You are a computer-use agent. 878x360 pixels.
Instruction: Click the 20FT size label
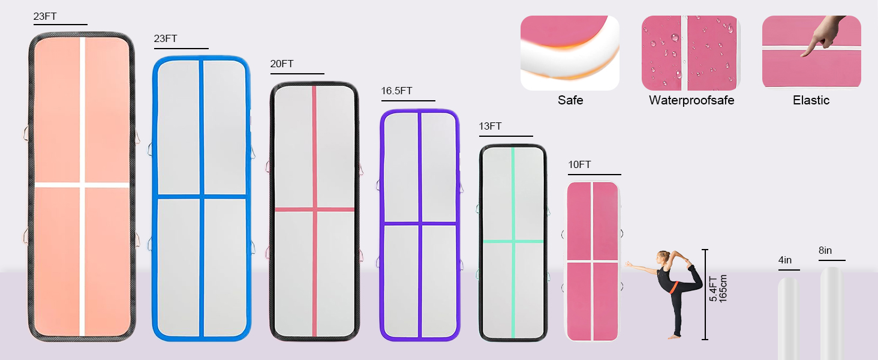pyautogui.click(x=282, y=64)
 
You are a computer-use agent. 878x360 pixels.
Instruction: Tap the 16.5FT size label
pyautogui.click(x=396, y=91)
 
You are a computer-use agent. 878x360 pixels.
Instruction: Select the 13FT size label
pyautogui.click(x=490, y=126)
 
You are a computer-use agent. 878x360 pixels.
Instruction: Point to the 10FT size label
pyautogui.click(x=579, y=165)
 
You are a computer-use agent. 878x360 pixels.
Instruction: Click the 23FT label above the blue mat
pyautogui.click(x=166, y=38)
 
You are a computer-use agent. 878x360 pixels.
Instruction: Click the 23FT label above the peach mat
pyautogui.click(x=45, y=16)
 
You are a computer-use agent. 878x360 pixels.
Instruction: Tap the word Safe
pyautogui.click(x=570, y=100)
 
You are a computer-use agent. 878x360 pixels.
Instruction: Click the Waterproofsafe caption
pyautogui.click(x=691, y=100)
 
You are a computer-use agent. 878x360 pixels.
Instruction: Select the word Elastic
pyautogui.click(x=811, y=100)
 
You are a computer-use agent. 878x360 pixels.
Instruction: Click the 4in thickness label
pyautogui.click(x=784, y=260)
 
